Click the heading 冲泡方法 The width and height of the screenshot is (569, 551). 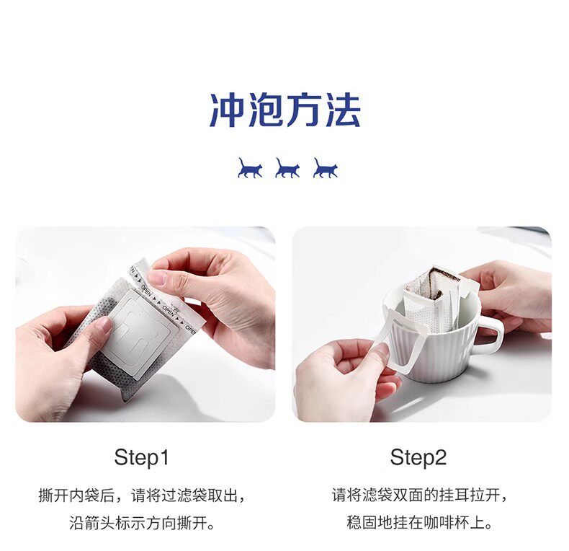[x=285, y=110]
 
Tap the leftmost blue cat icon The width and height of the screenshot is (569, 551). [x=250, y=168]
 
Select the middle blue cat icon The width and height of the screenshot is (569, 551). [x=287, y=168]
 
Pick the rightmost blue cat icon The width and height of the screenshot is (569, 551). [x=325, y=168]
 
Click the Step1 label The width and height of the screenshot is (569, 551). [x=142, y=457]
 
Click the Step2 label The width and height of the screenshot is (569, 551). [x=418, y=457]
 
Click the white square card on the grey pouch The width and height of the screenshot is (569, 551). [x=140, y=334]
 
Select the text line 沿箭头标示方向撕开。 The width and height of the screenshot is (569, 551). [x=142, y=524]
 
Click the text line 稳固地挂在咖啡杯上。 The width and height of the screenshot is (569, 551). [x=419, y=523]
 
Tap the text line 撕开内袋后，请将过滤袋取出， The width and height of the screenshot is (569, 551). [x=142, y=495]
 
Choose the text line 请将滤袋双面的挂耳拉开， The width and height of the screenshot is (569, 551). [x=419, y=495]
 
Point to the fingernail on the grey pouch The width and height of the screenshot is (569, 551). [x=106, y=325]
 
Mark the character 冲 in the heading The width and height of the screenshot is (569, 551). [x=228, y=110]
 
